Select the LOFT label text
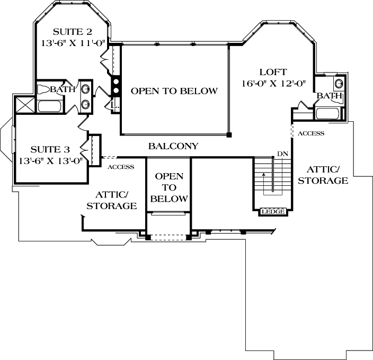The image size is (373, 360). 273,72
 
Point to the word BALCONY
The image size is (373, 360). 173,146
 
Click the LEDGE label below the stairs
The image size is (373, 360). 273,212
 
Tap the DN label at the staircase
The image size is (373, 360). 282,154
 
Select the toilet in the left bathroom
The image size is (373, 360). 43,89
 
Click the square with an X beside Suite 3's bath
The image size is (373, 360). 24,104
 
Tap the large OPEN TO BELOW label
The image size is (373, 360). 174,91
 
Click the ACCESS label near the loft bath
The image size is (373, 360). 310,133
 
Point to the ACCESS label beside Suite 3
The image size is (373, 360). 120,167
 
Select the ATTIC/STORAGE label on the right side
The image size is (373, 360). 323,175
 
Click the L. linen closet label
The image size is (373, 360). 114,106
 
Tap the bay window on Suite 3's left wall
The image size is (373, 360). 6,139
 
